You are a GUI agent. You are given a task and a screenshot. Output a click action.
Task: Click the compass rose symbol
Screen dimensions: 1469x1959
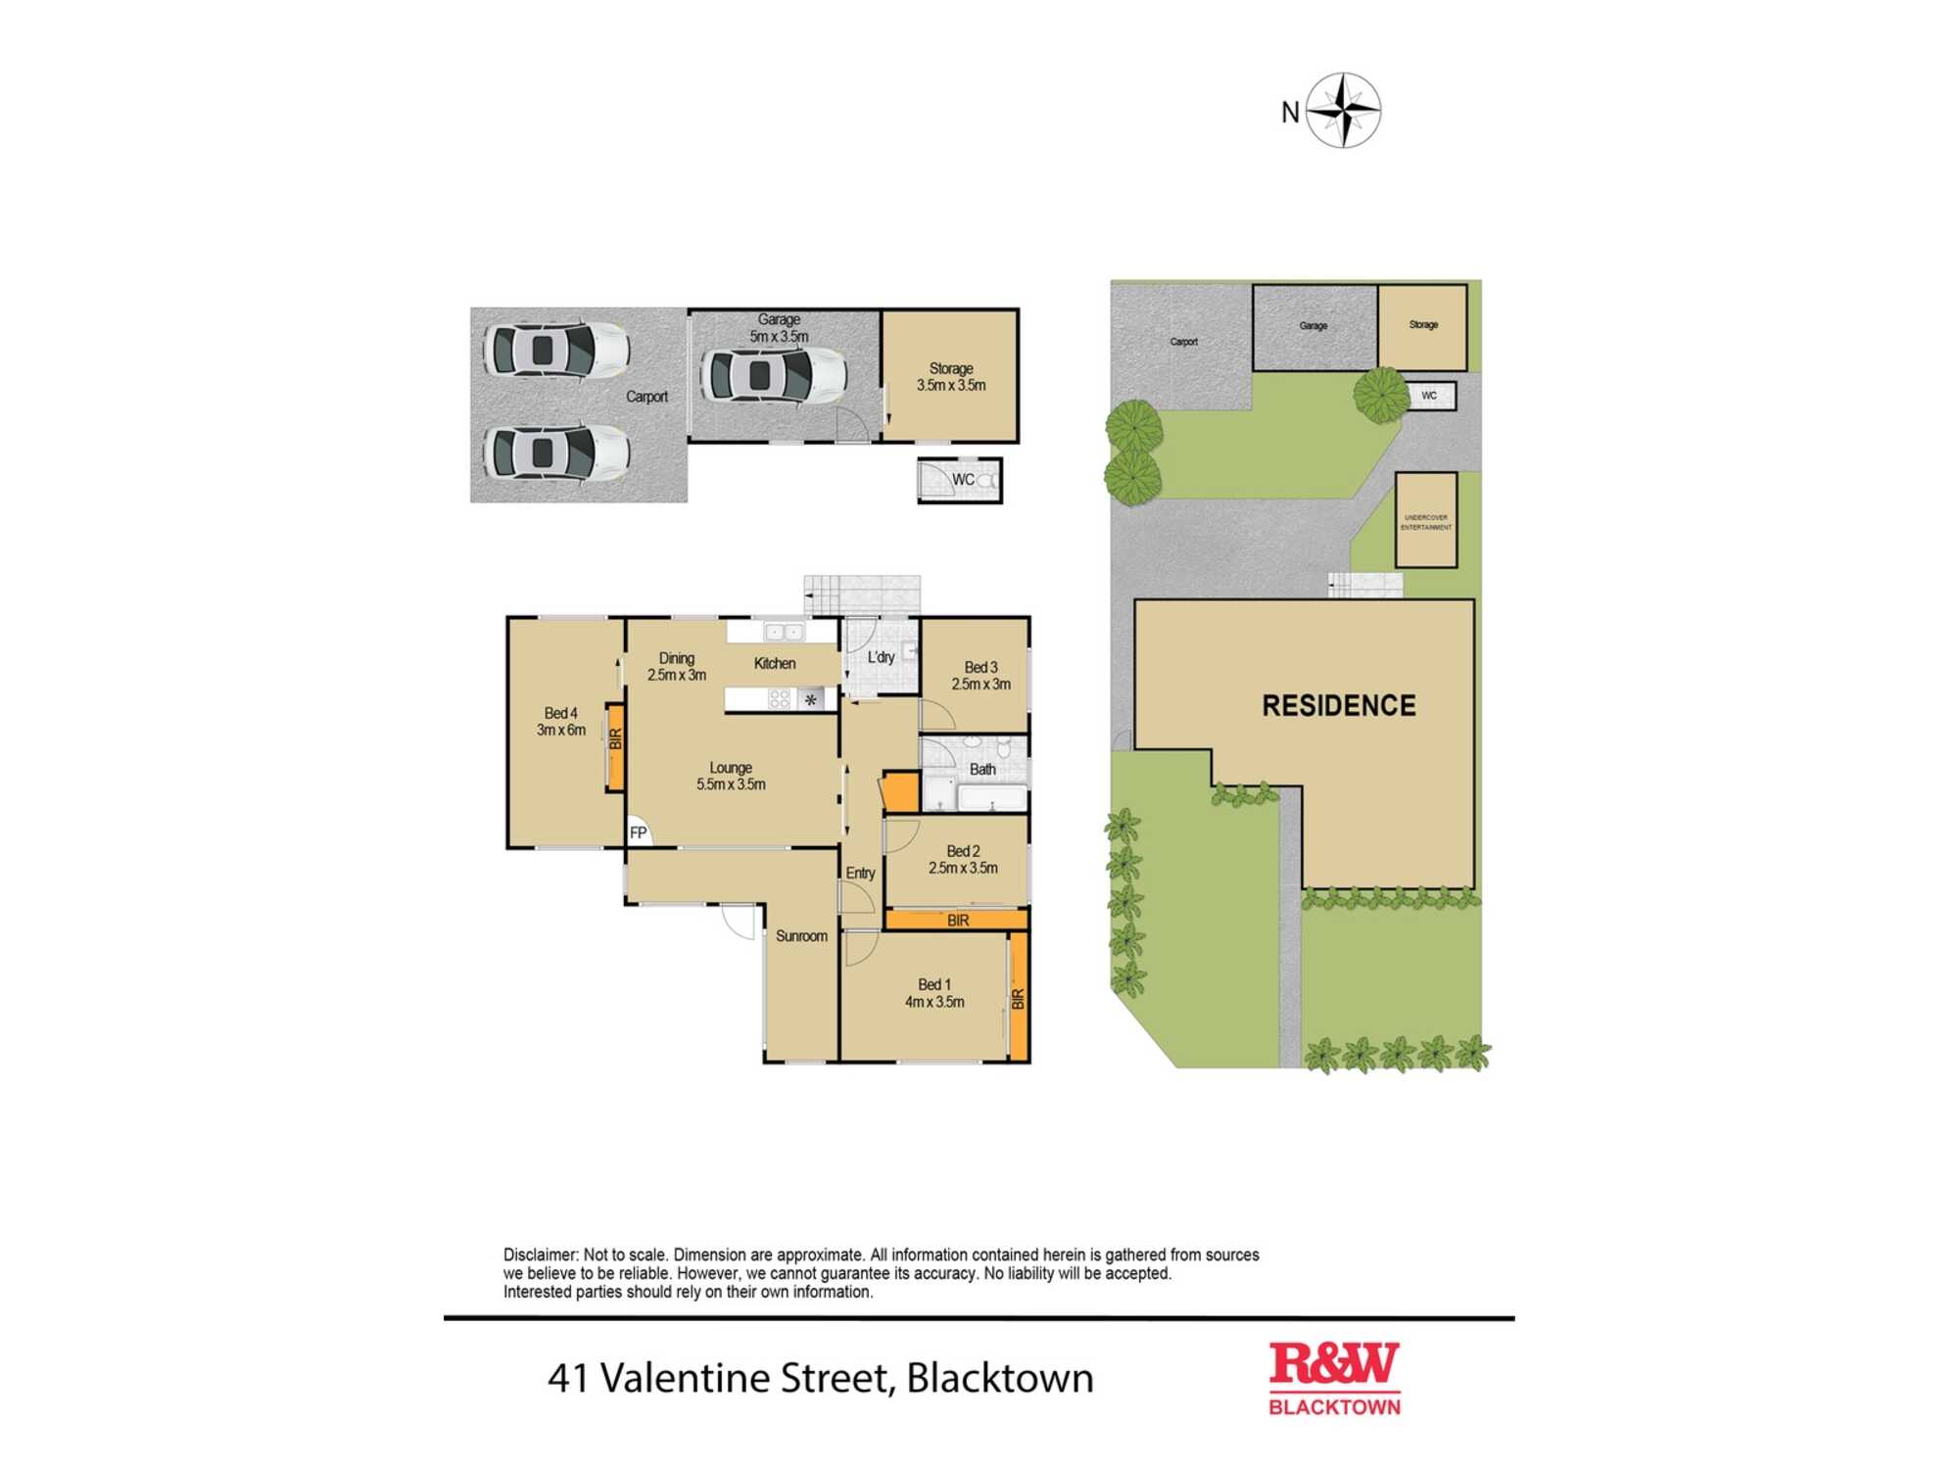[1344, 111]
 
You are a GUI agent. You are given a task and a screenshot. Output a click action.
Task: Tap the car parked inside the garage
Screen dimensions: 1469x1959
[773, 375]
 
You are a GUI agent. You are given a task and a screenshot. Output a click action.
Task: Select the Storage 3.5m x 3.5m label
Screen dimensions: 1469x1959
[950, 377]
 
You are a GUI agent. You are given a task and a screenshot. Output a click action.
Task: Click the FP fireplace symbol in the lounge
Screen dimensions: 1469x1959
[638, 832]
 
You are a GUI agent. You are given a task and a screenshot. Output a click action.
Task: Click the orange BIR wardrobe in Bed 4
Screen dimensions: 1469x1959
[615, 747]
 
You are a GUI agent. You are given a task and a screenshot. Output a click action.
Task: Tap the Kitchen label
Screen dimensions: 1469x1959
[774, 664]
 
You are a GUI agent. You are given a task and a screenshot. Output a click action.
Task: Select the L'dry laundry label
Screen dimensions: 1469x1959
[881, 657]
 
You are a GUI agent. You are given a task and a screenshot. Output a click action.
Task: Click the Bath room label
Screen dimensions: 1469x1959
[981, 770]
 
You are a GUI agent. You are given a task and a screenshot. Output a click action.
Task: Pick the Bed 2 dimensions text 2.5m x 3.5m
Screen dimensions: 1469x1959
[963, 869]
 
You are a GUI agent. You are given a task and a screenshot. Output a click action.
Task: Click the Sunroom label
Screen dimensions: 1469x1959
[801, 936]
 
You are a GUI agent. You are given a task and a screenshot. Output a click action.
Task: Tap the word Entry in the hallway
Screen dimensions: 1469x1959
[860, 873]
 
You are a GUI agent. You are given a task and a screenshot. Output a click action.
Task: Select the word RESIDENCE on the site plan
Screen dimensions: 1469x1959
[1338, 706]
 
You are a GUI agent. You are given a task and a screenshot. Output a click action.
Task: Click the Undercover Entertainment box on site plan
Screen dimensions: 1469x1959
[1425, 521]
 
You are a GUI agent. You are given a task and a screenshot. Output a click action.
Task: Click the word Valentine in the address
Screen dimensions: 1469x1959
[685, 1378]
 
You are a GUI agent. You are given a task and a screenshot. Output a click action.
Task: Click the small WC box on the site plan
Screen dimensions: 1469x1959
[1430, 396]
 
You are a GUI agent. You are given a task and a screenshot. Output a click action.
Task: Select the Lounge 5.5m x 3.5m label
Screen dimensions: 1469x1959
[731, 777]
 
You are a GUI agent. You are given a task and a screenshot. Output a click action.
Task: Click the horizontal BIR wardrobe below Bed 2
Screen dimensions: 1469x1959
[957, 921]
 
